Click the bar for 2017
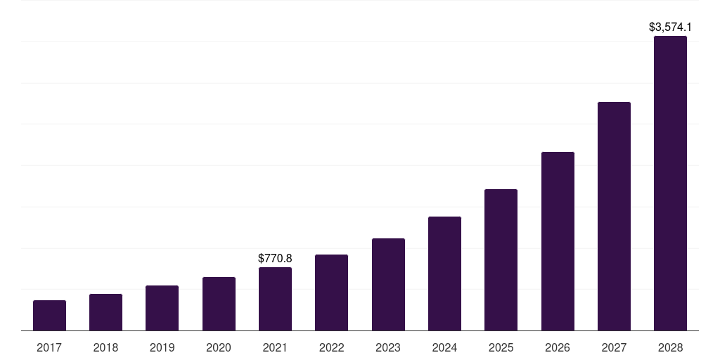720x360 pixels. coord(49,316)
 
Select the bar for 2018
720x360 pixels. coord(105,312)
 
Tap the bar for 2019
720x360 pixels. coord(162,308)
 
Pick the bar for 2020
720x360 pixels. coord(219,304)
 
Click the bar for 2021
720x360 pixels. coord(275,299)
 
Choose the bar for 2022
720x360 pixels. coord(331,292)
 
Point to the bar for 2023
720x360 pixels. coord(388,285)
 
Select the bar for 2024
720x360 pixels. coord(444,274)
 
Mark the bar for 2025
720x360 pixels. coord(501,260)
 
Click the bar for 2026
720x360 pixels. coord(558,241)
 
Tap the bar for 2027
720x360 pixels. coord(614,217)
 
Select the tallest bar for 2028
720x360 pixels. coord(670,184)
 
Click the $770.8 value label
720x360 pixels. coord(275,259)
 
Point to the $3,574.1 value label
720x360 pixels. coord(670,27)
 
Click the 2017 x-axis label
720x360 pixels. coord(49,347)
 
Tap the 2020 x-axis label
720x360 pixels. coord(219,347)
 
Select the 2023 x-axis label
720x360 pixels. coord(388,347)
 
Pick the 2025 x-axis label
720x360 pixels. coord(501,347)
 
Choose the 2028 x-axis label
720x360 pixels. coord(670,347)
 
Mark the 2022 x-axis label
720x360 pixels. coord(331,347)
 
